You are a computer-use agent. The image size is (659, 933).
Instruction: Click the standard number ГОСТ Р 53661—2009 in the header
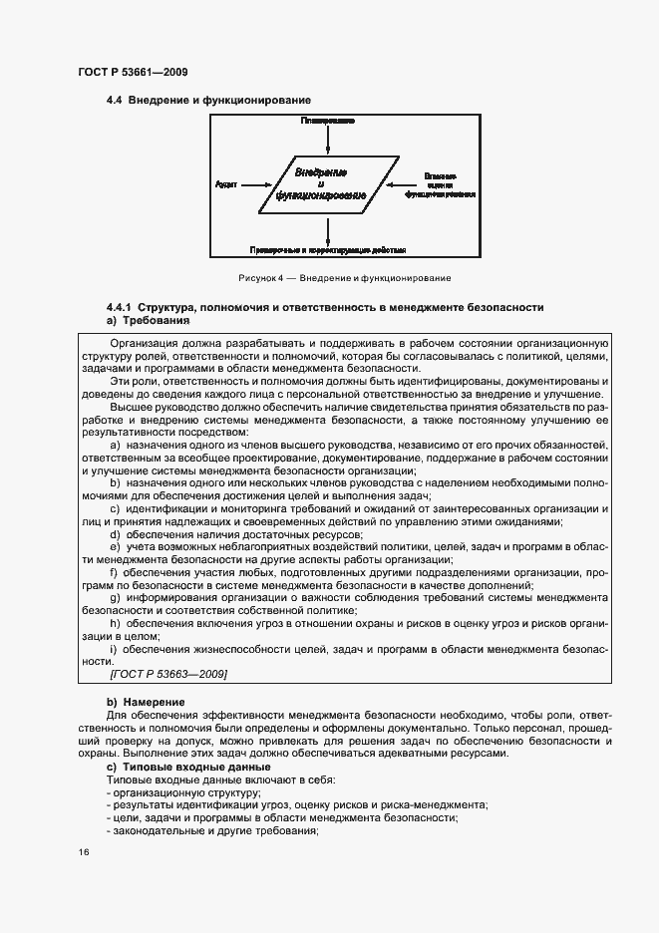coord(132,72)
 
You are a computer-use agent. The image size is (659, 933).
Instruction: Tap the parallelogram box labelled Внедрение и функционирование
coord(322,183)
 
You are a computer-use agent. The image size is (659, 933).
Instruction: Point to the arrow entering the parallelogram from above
coord(328,140)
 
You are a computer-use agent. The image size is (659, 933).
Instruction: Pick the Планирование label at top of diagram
coord(328,121)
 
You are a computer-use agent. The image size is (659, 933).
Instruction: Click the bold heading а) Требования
coord(148,321)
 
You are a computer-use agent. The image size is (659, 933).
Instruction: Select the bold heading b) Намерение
coord(146,703)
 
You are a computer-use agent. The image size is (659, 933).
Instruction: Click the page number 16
coord(84,853)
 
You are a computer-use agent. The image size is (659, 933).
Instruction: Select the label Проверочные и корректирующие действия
coord(328,250)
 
